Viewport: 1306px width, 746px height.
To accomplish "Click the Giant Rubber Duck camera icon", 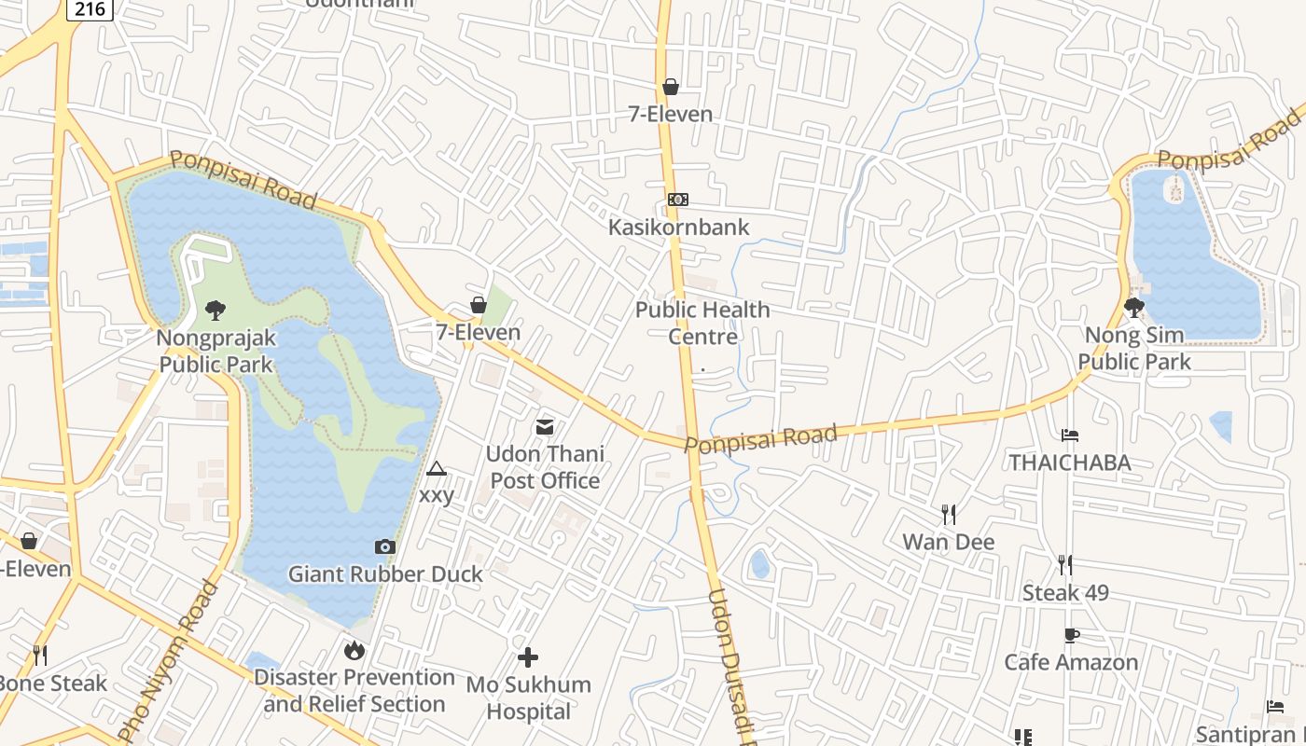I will (x=384, y=547).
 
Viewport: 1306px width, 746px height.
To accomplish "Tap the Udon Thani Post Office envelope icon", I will (x=545, y=427).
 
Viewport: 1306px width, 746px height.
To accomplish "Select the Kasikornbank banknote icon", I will (x=678, y=200).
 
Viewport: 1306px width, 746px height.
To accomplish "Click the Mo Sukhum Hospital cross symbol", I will (x=528, y=657).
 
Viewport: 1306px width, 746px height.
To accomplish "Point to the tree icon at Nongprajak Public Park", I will (x=215, y=310).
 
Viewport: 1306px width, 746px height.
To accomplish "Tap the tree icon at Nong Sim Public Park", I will (x=1134, y=307).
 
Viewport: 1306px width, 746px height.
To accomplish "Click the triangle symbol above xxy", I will (x=436, y=468).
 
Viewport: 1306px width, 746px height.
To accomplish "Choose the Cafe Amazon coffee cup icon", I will (x=1071, y=636).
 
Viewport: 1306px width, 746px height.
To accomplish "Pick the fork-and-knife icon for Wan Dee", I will (x=948, y=515).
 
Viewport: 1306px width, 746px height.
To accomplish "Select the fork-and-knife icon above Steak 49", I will (x=1064, y=564).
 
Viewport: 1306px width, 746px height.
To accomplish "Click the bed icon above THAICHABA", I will (x=1070, y=435).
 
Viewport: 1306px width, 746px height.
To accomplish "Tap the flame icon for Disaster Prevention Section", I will (x=354, y=650).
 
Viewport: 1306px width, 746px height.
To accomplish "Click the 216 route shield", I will (x=90, y=8).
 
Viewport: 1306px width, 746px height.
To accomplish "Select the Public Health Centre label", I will (x=702, y=323).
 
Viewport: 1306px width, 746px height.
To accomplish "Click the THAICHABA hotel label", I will (x=1070, y=463).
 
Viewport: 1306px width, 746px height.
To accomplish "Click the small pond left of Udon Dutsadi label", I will (x=759, y=563).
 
